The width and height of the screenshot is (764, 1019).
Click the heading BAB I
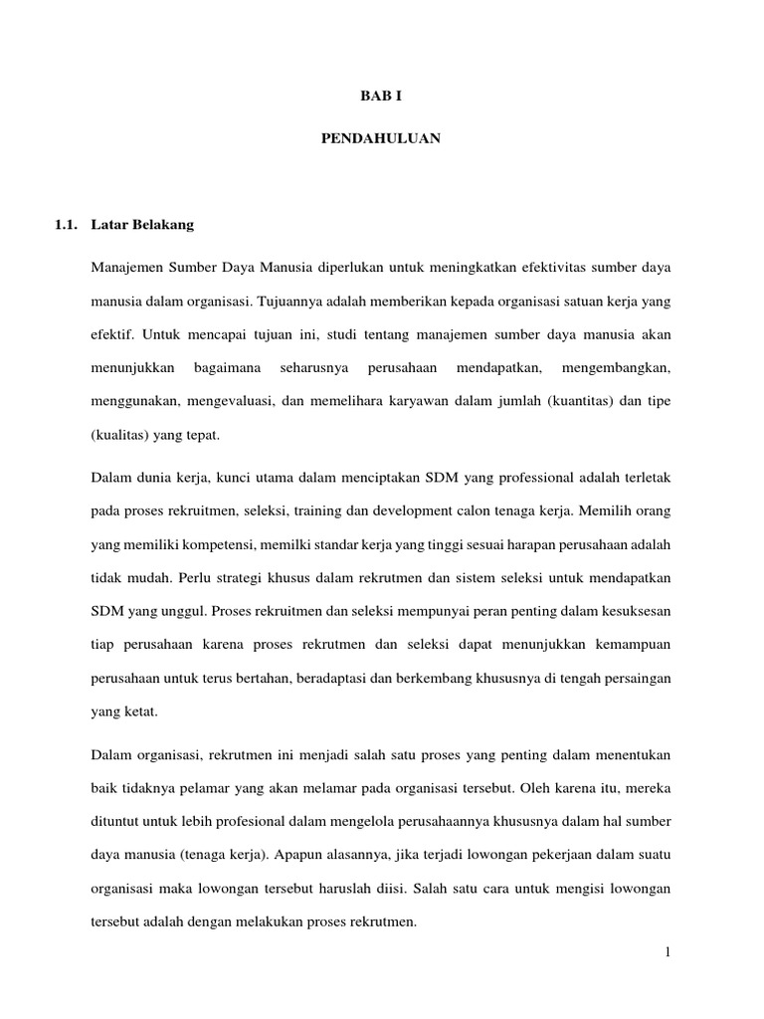pyautogui.click(x=381, y=98)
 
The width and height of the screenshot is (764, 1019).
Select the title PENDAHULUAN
pyautogui.click(x=381, y=140)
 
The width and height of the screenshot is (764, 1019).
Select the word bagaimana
pyautogui.click(x=228, y=368)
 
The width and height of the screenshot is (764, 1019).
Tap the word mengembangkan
pyautogui.click(x=617, y=368)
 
